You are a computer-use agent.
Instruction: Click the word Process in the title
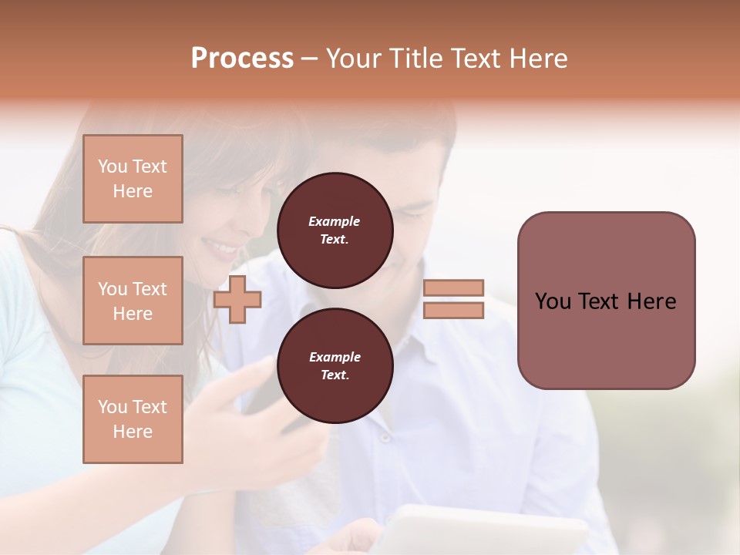(x=242, y=59)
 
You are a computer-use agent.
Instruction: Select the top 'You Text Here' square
(x=133, y=179)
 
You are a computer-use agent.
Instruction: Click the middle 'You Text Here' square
(x=133, y=301)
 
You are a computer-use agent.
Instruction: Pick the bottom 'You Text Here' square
(x=133, y=419)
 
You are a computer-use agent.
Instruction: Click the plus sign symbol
(x=237, y=299)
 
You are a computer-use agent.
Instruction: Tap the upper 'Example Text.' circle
(x=335, y=230)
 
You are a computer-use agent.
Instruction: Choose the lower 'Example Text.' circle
(x=335, y=366)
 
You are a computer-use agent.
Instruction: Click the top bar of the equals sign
(x=453, y=288)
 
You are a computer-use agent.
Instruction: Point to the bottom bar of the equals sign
(x=453, y=311)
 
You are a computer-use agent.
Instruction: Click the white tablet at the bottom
(x=493, y=532)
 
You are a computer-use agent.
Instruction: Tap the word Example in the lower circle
(x=335, y=357)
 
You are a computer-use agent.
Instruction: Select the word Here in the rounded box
(x=651, y=301)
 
